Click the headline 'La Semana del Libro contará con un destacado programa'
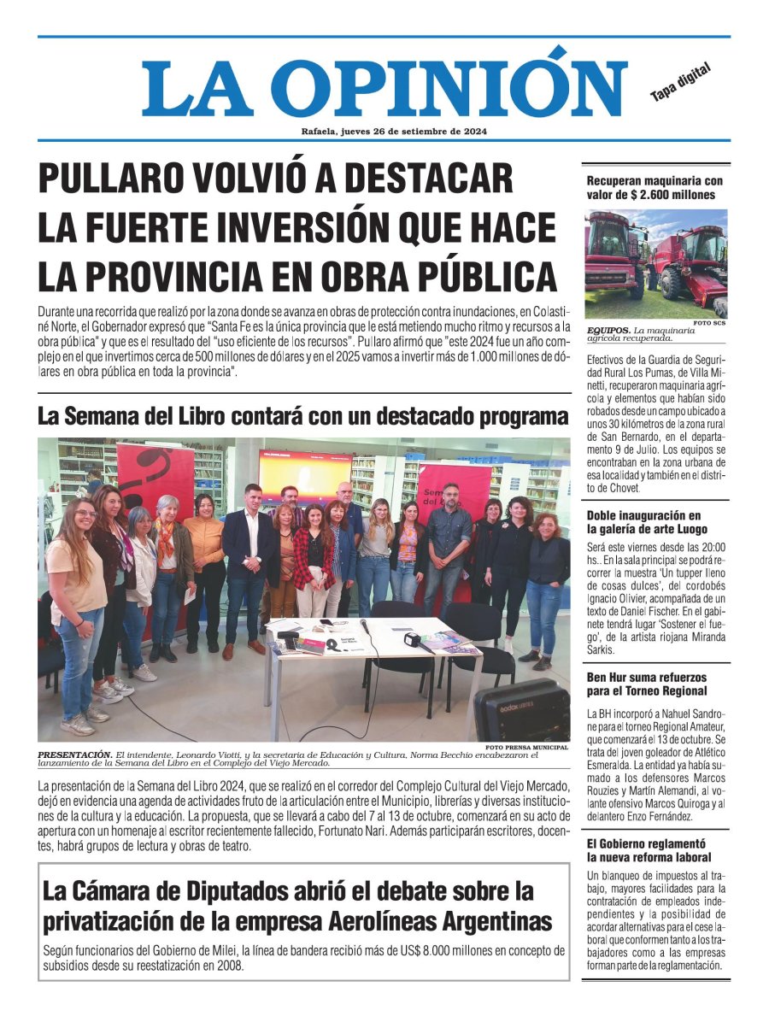(x=303, y=417)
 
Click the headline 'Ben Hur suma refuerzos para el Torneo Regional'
(x=647, y=684)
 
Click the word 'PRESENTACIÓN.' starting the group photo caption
(x=74, y=754)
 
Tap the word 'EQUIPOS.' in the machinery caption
(x=608, y=330)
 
